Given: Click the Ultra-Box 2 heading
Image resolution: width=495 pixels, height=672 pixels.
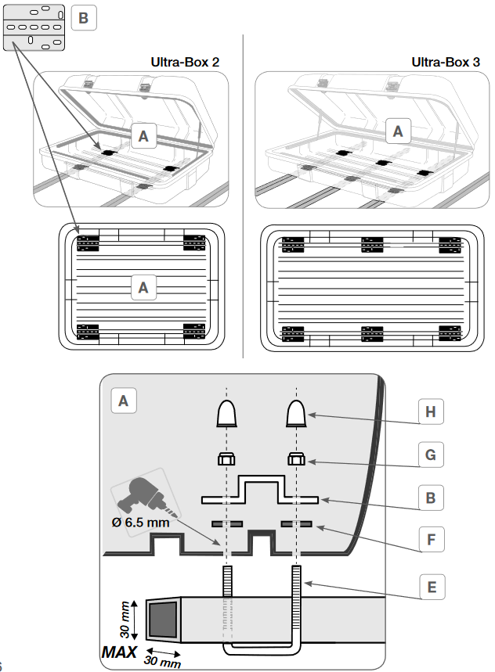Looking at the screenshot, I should click(x=185, y=62).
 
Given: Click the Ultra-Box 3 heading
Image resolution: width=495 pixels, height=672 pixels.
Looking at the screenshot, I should click(x=446, y=62).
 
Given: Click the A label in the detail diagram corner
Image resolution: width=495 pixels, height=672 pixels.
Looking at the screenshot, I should click(x=124, y=401).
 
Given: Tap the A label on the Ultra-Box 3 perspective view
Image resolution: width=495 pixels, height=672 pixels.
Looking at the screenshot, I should click(x=398, y=131).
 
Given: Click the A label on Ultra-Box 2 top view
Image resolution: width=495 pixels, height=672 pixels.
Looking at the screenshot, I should click(x=143, y=288).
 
